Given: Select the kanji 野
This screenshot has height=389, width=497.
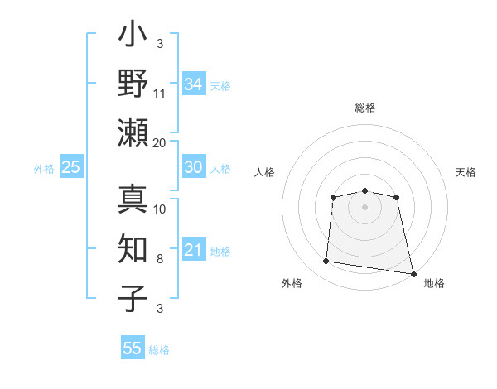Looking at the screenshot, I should (133, 83).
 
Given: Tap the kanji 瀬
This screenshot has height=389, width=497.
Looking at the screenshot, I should (133, 132).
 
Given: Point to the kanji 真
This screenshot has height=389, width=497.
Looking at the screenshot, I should (133, 199).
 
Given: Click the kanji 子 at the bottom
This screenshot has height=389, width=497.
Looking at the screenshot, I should (133, 296).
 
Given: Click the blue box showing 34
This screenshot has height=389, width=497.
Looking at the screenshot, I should (193, 84).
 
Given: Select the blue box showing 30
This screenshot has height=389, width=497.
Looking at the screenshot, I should (193, 167).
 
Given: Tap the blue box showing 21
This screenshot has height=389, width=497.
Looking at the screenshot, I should (193, 250).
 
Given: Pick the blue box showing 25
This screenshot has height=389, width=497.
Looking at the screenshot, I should (70, 167).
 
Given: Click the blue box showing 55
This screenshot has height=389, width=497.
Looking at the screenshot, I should (133, 348).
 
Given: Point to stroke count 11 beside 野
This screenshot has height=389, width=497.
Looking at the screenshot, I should (160, 93).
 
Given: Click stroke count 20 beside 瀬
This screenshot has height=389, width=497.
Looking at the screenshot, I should (160, 142).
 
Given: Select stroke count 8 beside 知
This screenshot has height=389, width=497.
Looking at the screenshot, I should (160, 259).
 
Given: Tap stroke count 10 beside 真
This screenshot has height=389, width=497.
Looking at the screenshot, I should (160, 209).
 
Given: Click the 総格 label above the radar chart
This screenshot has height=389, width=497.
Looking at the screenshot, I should (364, 108).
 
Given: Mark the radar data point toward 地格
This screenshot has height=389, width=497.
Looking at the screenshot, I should (413, 273).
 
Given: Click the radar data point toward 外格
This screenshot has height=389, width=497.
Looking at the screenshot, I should (326, 262).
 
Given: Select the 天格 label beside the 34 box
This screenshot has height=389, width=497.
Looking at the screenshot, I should (220, 85).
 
